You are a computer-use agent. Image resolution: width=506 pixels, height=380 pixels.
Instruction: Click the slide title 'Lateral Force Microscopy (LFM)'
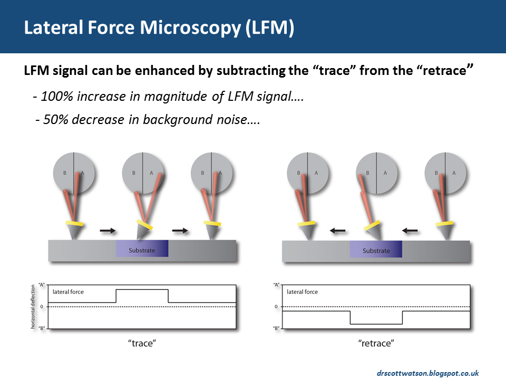[x=159, y=28]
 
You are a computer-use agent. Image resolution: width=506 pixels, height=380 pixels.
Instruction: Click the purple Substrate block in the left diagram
[x=142, y=249]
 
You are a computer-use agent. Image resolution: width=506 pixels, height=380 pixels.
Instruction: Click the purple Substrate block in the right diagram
[x=376, y=250]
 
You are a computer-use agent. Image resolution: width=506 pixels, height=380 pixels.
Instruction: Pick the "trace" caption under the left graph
[x=142, y=344]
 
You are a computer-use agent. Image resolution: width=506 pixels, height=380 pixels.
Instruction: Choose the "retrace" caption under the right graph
[x=376, y=344]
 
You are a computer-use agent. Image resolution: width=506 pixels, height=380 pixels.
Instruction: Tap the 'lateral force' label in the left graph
[x=68, y=291]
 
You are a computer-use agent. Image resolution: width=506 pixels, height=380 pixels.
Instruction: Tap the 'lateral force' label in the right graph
[x=303, y=291]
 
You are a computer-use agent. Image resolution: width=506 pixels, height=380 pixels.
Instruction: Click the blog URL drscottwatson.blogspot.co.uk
[x=427, y=373]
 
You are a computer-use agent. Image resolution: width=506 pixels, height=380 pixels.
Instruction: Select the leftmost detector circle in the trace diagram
[x=73, y=172]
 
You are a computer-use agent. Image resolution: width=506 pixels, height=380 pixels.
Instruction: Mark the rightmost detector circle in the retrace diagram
[x=445, y=172]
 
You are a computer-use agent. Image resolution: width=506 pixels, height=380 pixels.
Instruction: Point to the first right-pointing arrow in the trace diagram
[x=108, y=231]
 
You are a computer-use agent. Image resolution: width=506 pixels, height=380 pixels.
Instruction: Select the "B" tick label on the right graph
[x=275, y=328]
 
